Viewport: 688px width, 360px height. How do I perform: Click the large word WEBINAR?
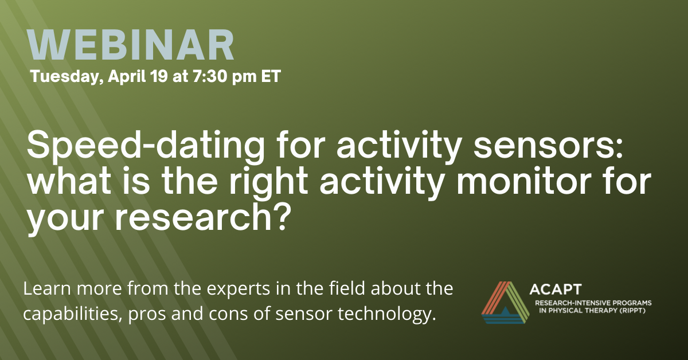[x=131, y=45]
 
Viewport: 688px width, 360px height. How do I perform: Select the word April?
[x=127, y=76]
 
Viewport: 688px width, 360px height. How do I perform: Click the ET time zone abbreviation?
[x=271, y=76]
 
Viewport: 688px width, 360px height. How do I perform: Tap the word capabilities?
[x=71, y=314]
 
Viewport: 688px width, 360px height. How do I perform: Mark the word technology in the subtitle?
[x=386, y=314]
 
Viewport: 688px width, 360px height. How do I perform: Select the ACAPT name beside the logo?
[x=556, y=289]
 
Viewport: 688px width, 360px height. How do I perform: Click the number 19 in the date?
[x=159, y=76]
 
